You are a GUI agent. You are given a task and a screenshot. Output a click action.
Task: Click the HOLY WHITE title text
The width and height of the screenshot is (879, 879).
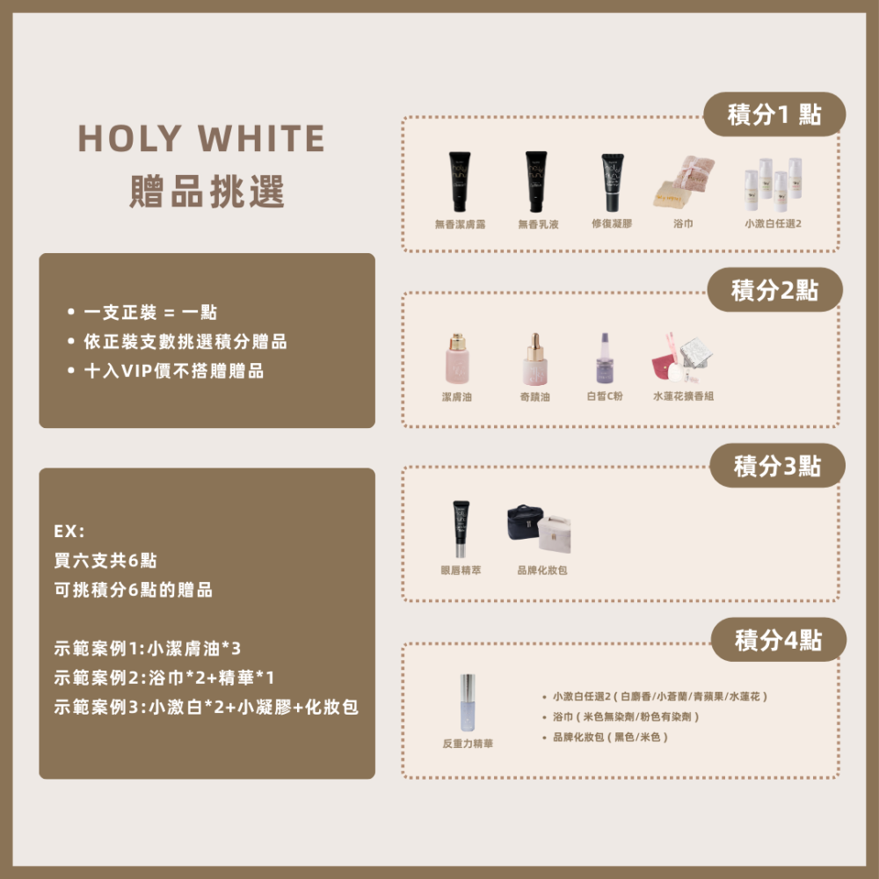tap(201, 139)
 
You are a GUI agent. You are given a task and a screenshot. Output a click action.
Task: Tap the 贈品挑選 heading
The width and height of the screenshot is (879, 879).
tap(207, 191)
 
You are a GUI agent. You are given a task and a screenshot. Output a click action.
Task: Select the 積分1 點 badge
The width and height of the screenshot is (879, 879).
tap(774, 114)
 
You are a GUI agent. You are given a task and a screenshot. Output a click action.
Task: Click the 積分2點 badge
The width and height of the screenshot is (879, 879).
tap(774, 290)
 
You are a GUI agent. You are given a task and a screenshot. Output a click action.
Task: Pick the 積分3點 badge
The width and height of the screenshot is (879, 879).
tap(777, 466)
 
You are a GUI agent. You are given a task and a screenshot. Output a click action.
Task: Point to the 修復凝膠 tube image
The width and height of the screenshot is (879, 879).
tap(612, 181)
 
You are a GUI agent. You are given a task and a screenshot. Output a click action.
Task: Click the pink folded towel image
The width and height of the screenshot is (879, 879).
tap(684, 182)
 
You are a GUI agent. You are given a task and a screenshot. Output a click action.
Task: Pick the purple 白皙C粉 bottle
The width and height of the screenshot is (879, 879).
tap(604, 358)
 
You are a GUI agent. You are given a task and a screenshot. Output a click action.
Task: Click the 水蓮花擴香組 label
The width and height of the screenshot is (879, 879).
tap(683, 396)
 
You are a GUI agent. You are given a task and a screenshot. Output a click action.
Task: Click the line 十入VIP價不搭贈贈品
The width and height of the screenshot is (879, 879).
tap(173, 371)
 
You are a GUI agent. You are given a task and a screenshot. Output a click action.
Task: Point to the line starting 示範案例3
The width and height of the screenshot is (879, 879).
tap(206, 707)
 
